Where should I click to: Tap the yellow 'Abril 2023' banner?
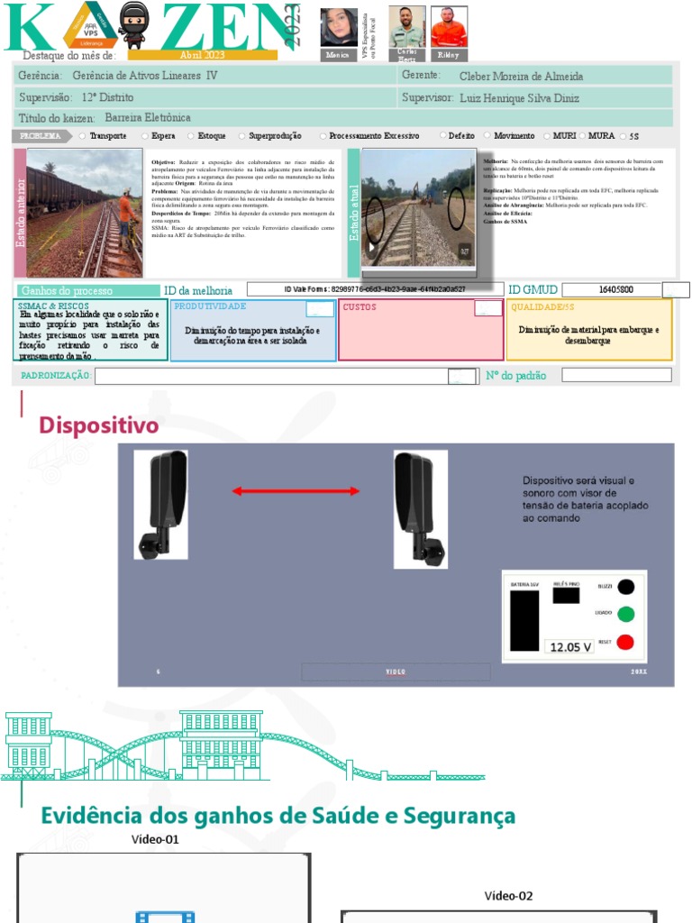[x=202, y=55]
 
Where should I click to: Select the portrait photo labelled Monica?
[x=339, y=27]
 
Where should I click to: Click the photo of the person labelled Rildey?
[x=449, y=26]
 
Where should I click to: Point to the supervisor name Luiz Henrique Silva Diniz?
[x=519, y=98]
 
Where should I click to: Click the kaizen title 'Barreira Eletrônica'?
[x=148, y=118]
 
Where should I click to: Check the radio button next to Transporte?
[x=83, y=136]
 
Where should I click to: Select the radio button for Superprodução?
[x=241, y=136]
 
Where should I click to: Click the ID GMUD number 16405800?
[x=615, y=289]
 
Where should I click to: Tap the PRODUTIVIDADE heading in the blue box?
[x=210, y=307]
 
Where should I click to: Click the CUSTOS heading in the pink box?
[x=360, y=307]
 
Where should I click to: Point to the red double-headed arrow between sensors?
[x=296, y=491]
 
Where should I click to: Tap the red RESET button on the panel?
[x=624, y=643]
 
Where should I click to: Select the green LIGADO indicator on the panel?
[x=624, y=614]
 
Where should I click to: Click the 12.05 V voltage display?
[x=569, y=647]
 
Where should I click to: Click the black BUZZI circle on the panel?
[x=624, y=587]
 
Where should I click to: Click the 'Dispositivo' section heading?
[x=98, y=425]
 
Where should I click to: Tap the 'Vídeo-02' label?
[x=509, y=896]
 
